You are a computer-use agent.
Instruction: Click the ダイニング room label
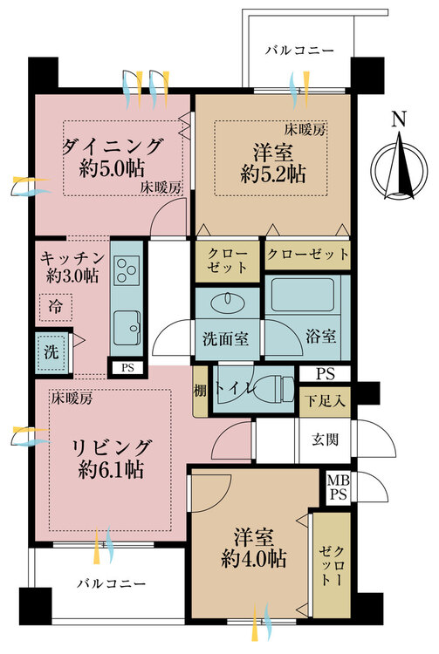click(112, 146)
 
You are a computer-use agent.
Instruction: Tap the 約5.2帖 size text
click(272, 174)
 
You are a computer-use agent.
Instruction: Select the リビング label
click(111, 447)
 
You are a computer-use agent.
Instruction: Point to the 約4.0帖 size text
click(254, 558)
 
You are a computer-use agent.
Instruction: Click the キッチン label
click(72, 258)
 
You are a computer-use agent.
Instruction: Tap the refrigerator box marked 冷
click(56, 307)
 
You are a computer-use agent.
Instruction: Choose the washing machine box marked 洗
click(51, 353)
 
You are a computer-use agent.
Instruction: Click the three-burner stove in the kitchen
click(127, 270)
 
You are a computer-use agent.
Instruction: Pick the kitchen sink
click(127, 328)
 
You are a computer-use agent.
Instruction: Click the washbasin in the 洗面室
click(227, 301)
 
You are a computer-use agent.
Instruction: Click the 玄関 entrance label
click(325, 439)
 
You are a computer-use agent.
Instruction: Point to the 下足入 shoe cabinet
click(325, 401)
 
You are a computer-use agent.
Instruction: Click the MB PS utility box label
click(338, 487)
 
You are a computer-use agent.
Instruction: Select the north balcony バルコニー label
click(300, 51)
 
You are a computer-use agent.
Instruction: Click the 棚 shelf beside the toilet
click(201, 391)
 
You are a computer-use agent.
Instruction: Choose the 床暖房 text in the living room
click(72, 399)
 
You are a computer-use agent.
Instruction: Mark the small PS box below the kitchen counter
click(127, 368)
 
